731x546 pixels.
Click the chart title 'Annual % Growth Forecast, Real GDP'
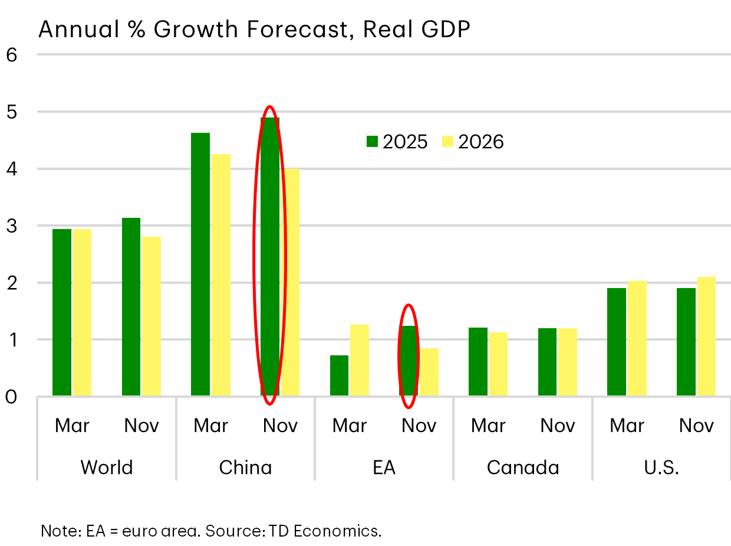[254, 30]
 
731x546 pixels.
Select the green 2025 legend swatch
[372, 142]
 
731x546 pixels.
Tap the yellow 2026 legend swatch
[447, 142]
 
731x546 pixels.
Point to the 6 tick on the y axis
[12, 55]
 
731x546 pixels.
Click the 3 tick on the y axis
[12, 226]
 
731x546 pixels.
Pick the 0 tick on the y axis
[12, 397]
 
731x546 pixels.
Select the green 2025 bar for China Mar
[200, 264]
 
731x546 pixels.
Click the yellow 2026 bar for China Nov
[290, 282]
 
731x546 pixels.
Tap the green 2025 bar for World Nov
[131, 307]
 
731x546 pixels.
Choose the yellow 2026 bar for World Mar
[82, 313]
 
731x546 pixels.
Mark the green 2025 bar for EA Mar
[339, 375]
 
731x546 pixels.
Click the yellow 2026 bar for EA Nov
[429, 372]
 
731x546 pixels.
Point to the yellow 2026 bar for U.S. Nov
[706, 336]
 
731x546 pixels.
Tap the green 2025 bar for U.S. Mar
[617, 342]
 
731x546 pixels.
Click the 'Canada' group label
[523, 467]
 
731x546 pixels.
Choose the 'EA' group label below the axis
[384, 467]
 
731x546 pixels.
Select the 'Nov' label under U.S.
[696, 426]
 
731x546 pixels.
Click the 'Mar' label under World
[72, 426]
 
